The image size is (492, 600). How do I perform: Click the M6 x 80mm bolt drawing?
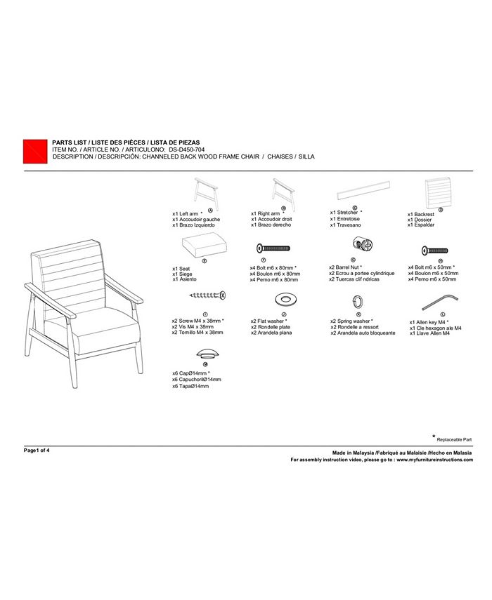click(x=274, y=248)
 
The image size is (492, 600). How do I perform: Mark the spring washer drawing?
click(x=357, y=301)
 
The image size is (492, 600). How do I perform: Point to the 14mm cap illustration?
click(x=206, y=352)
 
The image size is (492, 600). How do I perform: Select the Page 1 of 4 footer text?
click(x=37, y=450)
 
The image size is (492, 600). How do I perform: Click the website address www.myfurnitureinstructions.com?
click(x=434, y=460)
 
